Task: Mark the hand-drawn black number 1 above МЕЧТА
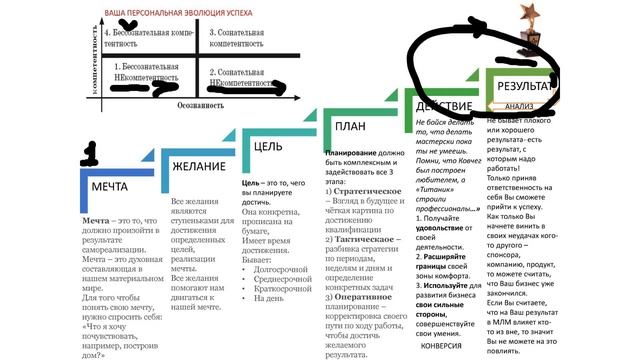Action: pos(91,152)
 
